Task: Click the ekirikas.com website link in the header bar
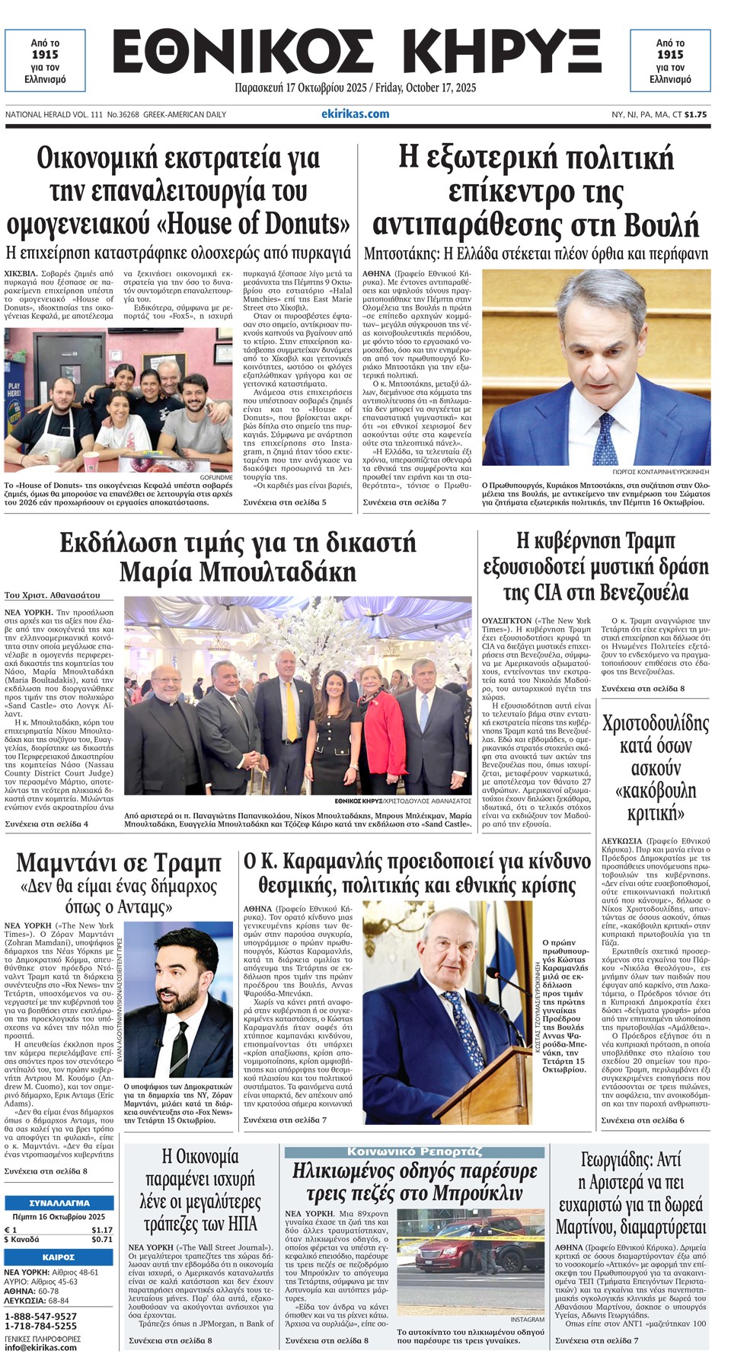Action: pyautogui.click(x=355, y=114)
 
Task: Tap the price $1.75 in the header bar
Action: pyautogui.click(x=695, y=114)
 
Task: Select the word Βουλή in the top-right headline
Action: pyautogui.click(x=661, y=226)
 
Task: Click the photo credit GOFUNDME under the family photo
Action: pyautogui.click(x=215, y=477)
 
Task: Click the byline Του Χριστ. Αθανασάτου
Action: pyautogui.click(x=52, y=595)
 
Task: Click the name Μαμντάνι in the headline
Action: pyautogui.click(x=75, y=863)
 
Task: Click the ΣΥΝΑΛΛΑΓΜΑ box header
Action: pyautogui.click(x=59, y=1203)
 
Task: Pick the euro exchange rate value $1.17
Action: pyautogui.click(x=101, y=1229)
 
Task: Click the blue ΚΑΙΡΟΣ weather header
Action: pyautogui.click(x=59, y=1257)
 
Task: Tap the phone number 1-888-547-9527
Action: pyautogui.click(x=40, y=1316)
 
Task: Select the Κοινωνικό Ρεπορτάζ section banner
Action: pyautogui.click(x=414, y=1152)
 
